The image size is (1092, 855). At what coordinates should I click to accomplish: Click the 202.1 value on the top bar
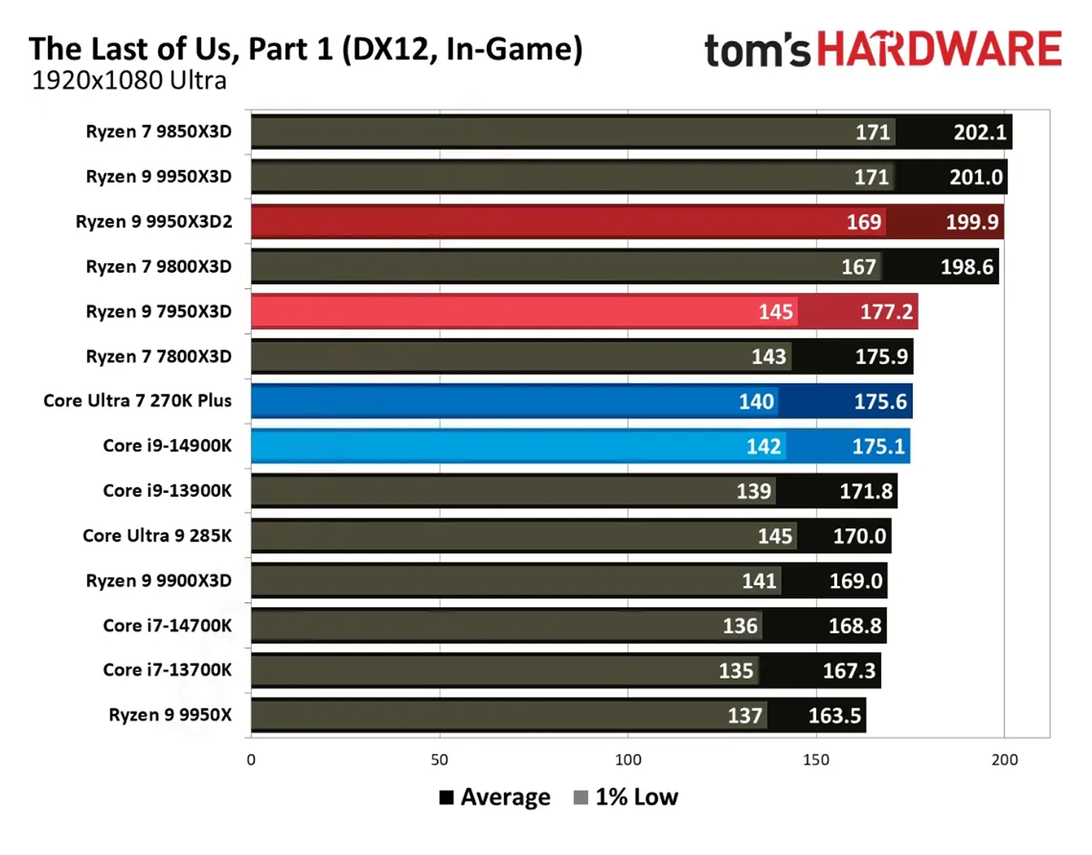click(x=980, y=132)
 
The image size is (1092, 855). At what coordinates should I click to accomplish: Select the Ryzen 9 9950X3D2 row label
click(x=154, y=221)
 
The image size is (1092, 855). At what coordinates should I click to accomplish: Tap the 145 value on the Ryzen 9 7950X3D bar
click(x=776, y=312)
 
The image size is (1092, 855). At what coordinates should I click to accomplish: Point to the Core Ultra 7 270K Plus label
click(x=137, y=401)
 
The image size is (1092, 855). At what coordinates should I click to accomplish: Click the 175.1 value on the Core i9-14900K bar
click(x=878, y=447)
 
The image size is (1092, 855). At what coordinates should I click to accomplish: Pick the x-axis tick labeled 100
click(x=628, y=760)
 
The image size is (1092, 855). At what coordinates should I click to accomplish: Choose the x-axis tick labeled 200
click(x=1004, y=760)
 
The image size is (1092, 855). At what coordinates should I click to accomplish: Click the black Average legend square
click(x=446, y=798)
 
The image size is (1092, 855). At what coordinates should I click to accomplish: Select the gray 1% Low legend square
click(x=580, y=798)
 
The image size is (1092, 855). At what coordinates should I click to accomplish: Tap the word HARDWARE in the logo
click(x=939, y=50)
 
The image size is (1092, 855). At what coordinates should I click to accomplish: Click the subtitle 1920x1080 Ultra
click(x=129, y=80)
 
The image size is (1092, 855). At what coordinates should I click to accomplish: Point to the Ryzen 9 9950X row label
click(x=170, y=715)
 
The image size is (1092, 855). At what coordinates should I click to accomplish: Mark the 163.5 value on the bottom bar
click(x=834, y=716)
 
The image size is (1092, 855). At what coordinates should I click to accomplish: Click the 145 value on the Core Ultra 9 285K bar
click(x=775, y=536)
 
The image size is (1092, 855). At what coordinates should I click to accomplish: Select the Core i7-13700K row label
click(x=167, y=670)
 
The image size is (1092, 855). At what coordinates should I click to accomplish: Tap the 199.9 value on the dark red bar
click(x=972, y=222)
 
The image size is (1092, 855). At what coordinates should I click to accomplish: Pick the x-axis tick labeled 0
click(x=251, y=760)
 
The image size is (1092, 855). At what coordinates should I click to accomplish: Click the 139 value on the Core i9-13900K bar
click(x=754, y=491)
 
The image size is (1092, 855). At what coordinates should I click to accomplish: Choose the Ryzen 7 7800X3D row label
click(x=159, y=356)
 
